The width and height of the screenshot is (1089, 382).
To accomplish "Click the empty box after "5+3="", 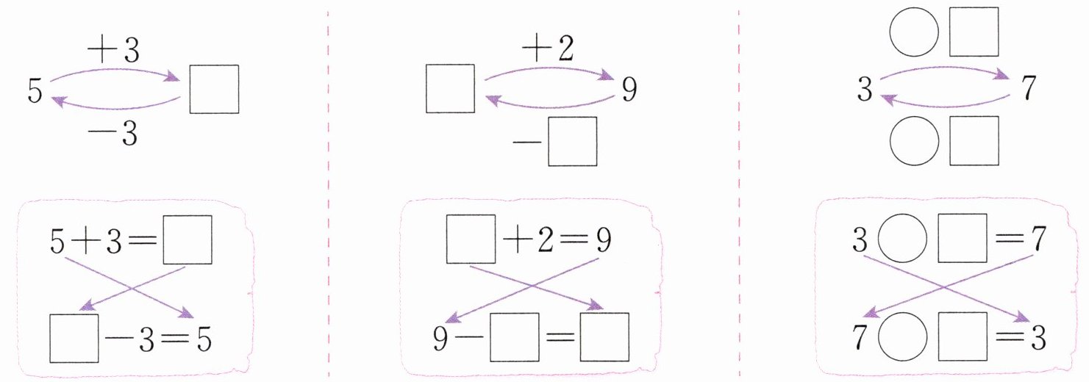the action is [x=187, y=239].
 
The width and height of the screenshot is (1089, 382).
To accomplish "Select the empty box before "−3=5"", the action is [x=74, y=338].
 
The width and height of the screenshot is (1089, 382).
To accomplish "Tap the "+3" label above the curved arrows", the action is [x=115, y=52].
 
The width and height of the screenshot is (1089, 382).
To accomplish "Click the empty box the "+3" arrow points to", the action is [x=214, y=90].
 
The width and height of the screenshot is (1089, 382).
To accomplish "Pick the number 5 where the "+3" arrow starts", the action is [x=32, y=90].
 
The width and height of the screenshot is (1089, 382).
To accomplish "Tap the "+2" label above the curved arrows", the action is [x=548, y=51].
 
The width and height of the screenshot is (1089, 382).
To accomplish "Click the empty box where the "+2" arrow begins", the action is [x=450, y=89].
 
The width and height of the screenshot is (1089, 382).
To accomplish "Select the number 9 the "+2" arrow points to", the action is [x=628, y=90].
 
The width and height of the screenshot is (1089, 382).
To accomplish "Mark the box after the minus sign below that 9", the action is [x=571, y=141].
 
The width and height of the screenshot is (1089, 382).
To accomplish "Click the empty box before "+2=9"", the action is [x=471, y=239].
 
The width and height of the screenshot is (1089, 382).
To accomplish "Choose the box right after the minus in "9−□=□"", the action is [x=514, y=338].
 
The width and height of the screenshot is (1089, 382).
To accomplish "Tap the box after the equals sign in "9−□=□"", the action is [x=604, y=338].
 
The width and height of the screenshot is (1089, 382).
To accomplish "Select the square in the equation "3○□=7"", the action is [x=962, y=239].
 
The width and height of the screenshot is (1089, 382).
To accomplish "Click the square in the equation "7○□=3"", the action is [x=962, y=338].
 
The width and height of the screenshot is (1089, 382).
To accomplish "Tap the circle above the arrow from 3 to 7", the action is [x=914, y=32].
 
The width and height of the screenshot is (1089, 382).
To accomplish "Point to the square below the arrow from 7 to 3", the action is [x=974, y=141].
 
